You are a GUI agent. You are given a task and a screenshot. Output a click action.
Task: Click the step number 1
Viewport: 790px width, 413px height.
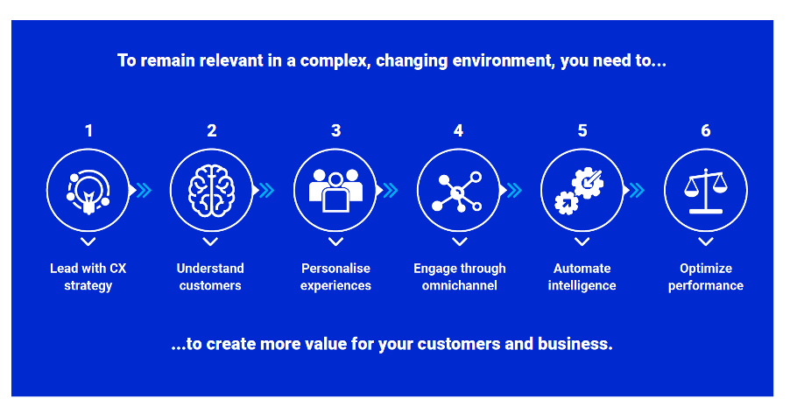tap(88, 131)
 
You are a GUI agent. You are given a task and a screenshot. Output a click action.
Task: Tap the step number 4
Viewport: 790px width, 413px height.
tap(458, 131)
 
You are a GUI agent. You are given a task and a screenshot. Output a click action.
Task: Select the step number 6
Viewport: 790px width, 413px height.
tap(706, 131)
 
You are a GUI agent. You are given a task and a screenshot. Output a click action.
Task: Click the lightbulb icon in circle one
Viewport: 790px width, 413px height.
tap(88, 189)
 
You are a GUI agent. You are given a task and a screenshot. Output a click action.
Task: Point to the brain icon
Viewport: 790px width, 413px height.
tap(211, 189)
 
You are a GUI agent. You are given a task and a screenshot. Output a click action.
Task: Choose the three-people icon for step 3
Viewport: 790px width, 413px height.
tap(335, 189)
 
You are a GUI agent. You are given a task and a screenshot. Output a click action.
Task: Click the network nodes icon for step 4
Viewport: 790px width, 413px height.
tap(459, 189)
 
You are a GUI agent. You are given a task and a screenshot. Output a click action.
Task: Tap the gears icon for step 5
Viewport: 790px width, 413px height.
tap(582, 189)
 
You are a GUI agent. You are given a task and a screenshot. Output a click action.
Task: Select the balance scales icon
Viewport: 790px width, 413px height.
tap(706, 189)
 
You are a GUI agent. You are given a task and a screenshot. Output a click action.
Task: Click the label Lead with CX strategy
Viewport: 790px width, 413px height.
tap(88, 276)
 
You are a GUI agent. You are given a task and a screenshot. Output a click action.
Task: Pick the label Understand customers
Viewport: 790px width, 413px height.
tap(210, 276)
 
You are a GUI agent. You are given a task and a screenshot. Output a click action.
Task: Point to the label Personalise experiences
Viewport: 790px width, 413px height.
tap(335, 276)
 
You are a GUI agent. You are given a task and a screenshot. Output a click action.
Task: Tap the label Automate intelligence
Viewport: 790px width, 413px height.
tap(582, 276)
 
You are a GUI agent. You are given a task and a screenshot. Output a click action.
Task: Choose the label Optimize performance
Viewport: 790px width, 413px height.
tap(706, 276)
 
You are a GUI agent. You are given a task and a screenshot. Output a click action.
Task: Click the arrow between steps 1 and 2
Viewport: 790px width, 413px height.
tap(141, 190)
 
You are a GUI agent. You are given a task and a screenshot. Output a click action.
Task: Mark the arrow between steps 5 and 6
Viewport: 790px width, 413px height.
tap(635, 190)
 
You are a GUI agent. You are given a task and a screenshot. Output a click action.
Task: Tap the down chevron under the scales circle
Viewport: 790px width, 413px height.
tap(706, 241)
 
